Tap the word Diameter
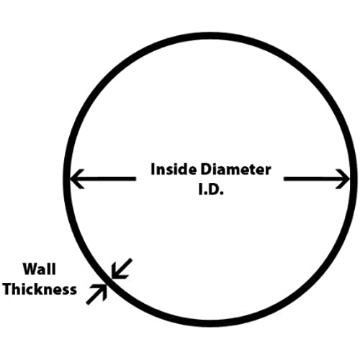click(x=236, y=169)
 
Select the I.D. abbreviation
click(x=211, y=189)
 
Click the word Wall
click(x=40, y=269)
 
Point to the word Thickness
click(x=40, y=289)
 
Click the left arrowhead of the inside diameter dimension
click(x=77, y=179)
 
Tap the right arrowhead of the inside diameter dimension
click(x=343, y=179)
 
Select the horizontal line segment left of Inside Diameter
click(x=103, y=179)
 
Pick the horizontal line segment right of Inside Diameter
click(x=317, y=179)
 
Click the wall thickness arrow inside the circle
click(x=121, y=269)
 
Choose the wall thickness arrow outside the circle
click(x=96, y=294)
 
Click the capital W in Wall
click(x=30, y=269)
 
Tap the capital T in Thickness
click(x=8, y=289)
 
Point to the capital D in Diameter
click(x=207, y=169)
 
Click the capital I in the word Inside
click(x=153, y=169)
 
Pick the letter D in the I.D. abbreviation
click(x=214, y=189)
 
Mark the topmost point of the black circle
click(x=210, y=35)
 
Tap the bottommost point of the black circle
click(x=210, y=324)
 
